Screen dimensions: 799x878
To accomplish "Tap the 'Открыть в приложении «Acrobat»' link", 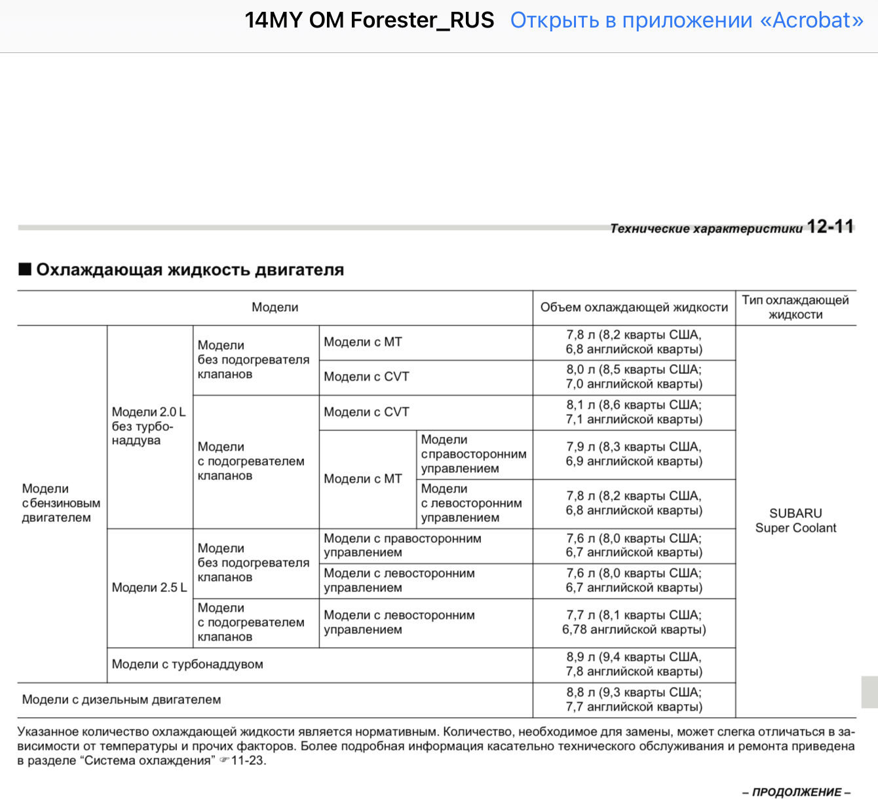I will (x=687, y=20).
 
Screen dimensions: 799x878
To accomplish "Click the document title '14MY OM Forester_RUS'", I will (x=370, y=20).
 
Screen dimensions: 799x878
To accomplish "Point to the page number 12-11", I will (x=830, y=227).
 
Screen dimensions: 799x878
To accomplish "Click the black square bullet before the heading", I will (x=25, y=269).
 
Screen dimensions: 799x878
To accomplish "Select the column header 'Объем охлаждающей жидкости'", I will (x=634, y=307).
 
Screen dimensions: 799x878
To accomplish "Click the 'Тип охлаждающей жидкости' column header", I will (x=795, y=307).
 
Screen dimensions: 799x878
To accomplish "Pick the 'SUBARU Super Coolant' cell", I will (x=795, y=521).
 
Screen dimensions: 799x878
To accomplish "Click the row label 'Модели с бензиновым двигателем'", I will (x=61, y=503).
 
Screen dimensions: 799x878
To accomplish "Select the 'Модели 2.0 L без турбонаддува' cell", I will (x=149, y=426).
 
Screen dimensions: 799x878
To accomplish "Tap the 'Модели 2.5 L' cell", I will (x=149, y=587).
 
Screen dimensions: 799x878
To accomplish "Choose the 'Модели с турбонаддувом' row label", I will (x=187, y=664).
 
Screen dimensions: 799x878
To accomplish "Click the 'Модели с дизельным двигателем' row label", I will (x=121, y=699).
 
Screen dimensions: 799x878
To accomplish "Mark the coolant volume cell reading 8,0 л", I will (x=634, y=377).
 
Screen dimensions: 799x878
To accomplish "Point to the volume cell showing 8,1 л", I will (x=634, y=412).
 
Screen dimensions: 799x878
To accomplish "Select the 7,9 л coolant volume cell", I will (x=634, y=454).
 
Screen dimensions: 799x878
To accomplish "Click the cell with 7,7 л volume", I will (x=634, y=622).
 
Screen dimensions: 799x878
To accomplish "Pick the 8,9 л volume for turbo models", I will (x=634, y=664).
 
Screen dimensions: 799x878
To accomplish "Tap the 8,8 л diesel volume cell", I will (x=634, y=699).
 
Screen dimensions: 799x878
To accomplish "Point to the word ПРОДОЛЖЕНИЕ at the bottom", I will (x=797, y=792).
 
